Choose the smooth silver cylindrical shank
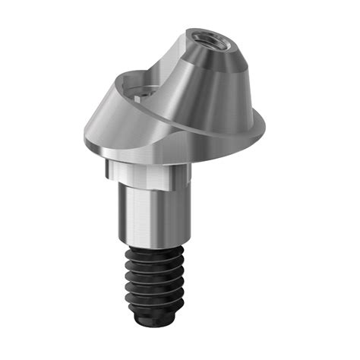pyautogui.click(x=148, y=213)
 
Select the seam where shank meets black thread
pyautogui.click(x=151, y=245)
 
